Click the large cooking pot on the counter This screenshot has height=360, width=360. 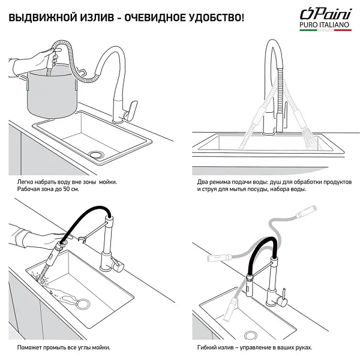click(52, 93)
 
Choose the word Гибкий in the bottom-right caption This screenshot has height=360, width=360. click(207, 347)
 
